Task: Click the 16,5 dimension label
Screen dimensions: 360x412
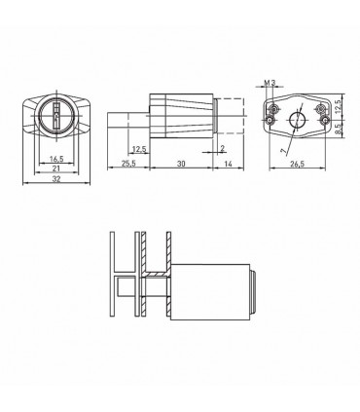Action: (x=56, y=159)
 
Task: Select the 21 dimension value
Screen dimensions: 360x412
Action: (x=56, y=168)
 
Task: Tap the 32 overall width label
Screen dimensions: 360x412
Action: (x=56, y=179)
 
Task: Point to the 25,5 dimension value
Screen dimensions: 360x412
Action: (x=128, y=164)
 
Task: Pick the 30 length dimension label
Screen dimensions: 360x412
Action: (x=181, y=164)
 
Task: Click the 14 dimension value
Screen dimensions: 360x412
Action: (x=229, y=164)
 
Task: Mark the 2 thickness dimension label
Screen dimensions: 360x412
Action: (x=222, y=149)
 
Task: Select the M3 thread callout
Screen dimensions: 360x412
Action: (x=270, y=83)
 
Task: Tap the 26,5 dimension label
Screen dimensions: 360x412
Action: (x=297, y=164)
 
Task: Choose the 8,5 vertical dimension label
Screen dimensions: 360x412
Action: (x=338, y=130)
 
